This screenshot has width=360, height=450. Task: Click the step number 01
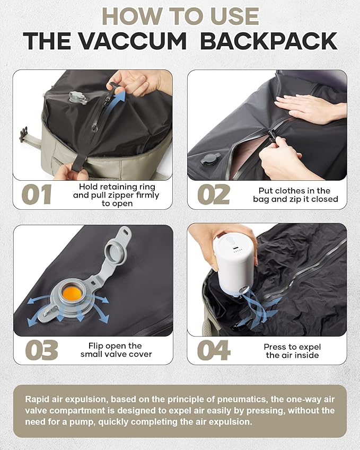pos(37,195)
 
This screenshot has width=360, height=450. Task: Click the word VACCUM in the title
pos(150,41)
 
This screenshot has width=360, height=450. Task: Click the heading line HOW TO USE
pos(180,16)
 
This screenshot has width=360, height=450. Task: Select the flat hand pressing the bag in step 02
pos(306,107)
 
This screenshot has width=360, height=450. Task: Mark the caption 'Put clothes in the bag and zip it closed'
pos(294,195)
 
